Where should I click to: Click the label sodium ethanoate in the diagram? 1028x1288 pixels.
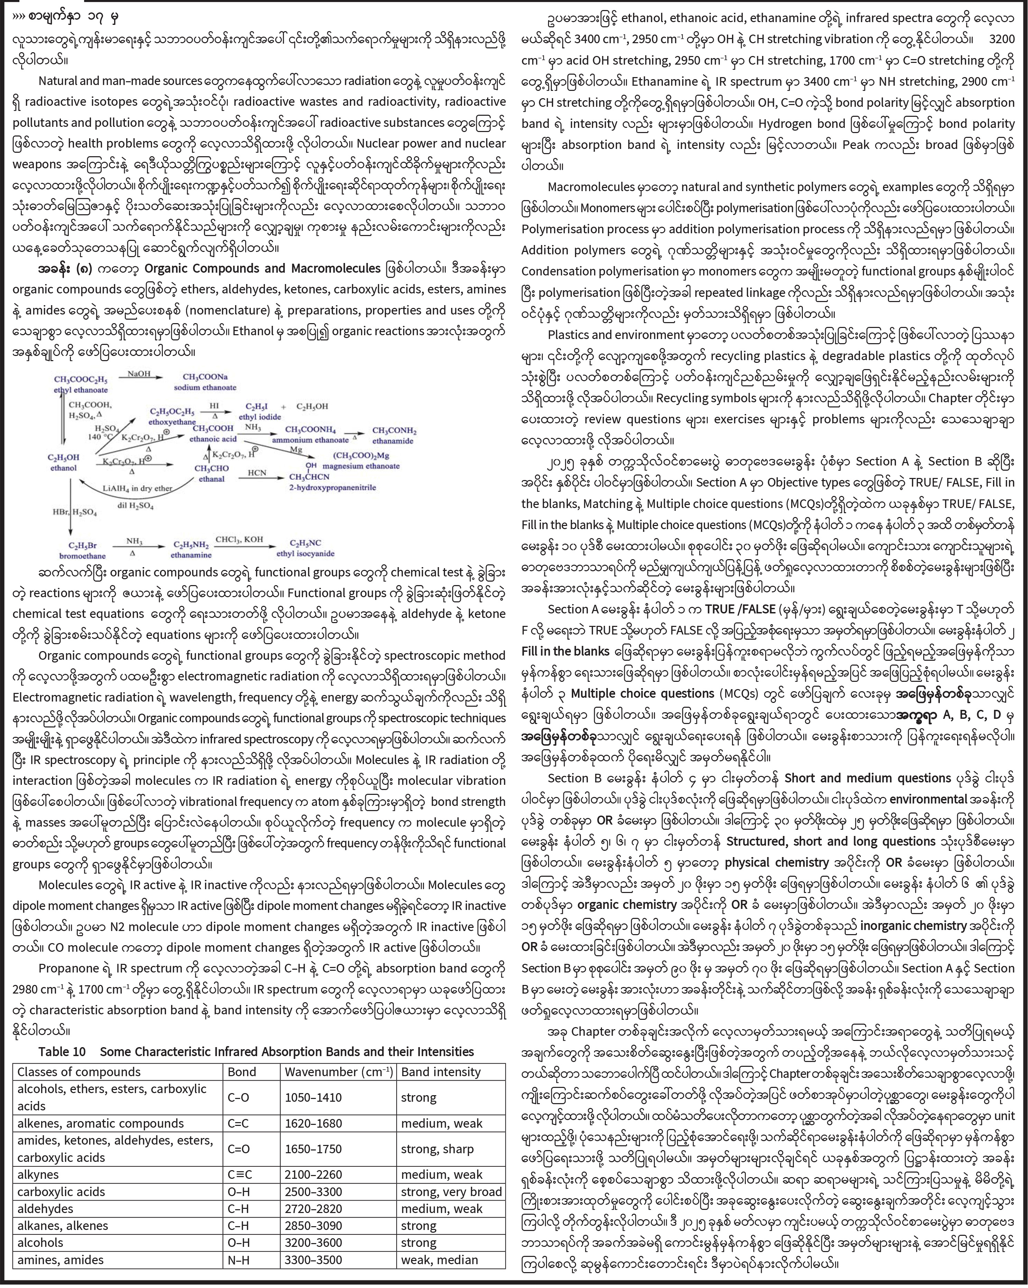(x=205, y=387)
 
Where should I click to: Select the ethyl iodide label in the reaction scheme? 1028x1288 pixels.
(x=259, y=417)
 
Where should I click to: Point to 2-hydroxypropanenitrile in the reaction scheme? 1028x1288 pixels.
(x=332, y=488)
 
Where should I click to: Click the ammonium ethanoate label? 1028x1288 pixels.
(x=310, y=440)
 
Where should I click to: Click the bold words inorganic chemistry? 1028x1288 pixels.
(x=913, y=926)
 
